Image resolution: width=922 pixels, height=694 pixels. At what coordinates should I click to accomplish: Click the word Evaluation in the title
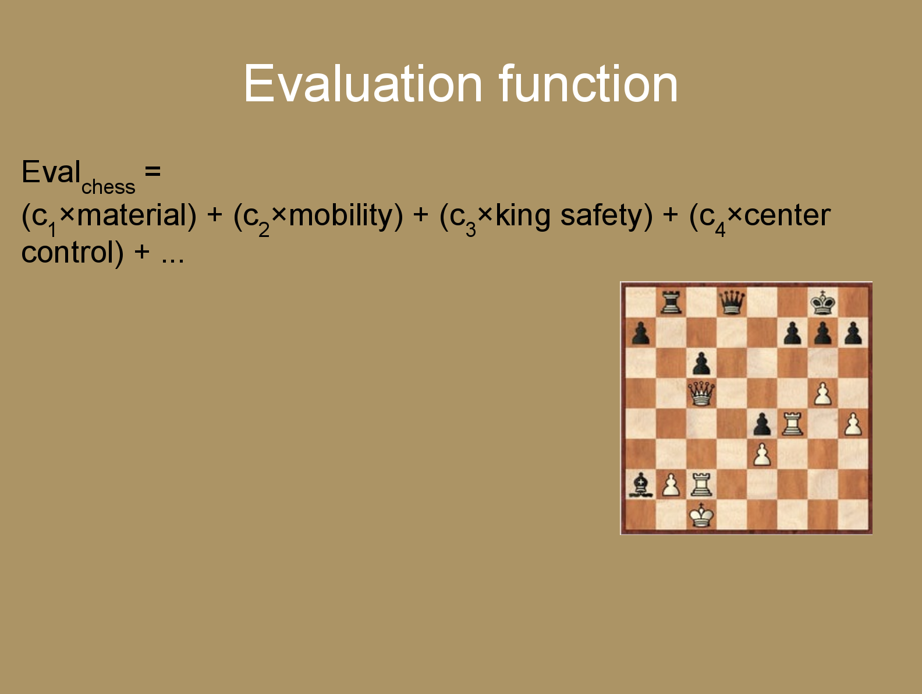click(x=363, y=83)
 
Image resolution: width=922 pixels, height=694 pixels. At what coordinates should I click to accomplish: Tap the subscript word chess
click(x=108, y=187)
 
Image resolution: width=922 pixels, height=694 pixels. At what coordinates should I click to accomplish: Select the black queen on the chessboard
click(x=731, y=302)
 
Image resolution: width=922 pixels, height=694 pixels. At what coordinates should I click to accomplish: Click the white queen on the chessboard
click(x=701, y=393)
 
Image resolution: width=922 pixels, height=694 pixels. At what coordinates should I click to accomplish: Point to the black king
click(x=822, y=302)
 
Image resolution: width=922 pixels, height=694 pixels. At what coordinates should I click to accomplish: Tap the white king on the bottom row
click(x=701, y=515)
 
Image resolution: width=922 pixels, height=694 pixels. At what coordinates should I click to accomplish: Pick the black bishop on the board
click(x=640, y=485)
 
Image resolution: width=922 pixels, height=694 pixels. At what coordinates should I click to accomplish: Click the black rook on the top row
click(x=671, y=303)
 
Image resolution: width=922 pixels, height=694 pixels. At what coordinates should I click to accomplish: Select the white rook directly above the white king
click(x=701, y=484)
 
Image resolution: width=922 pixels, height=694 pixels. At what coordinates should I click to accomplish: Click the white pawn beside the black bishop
click(x=671, y=485)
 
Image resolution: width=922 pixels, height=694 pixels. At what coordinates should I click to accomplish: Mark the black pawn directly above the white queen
click(x=701, y=363)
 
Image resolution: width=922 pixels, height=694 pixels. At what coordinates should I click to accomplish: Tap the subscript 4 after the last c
click(x=720, y=230)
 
